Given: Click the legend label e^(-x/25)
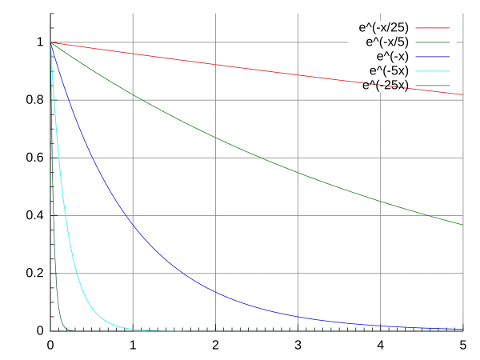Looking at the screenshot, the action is click(x=383, y=27).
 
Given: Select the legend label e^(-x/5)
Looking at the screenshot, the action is click(x=387, y=42).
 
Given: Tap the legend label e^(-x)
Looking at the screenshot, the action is click(x=393, y=56).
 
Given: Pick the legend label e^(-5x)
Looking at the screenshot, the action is click(x=389, y=70).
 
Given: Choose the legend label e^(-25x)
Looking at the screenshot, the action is click(x=386, y=85).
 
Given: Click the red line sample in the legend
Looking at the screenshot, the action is click(x=433, y=27).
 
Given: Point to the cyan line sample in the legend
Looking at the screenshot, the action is click(x=433, y=70).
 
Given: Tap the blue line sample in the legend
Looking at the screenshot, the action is click(x=433, y=56).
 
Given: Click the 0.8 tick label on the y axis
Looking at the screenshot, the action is click(x=35, y=100).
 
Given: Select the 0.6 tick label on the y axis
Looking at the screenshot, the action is click(x=35, y=158).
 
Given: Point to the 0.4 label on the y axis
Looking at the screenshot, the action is click(x=35, y=215).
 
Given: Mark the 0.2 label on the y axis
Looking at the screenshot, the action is click(x=35, y=273).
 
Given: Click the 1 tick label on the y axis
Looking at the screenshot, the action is click(x=40, y=42).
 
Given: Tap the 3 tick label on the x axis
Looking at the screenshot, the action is click(x=298, y=346).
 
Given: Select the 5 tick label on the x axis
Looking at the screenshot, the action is click(x=463, y=346).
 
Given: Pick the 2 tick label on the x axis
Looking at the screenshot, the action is click(x=215, y=346).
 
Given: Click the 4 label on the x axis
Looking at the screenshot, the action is click(x=380, y=346).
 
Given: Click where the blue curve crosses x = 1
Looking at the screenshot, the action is click(x=133, y=225).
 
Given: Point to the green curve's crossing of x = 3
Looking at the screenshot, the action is click(x=298, y=173).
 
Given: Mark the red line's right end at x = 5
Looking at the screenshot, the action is click(x=463, y=94).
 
